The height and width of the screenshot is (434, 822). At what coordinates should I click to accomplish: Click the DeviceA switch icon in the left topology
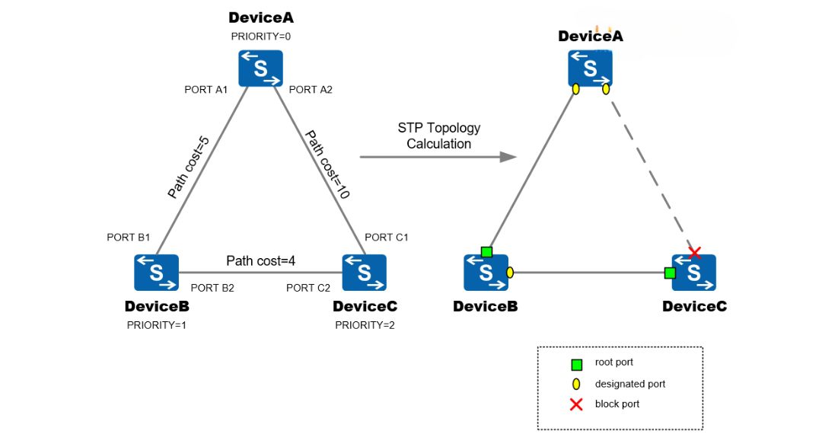pos(260,69)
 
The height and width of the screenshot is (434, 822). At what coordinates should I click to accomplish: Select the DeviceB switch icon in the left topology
pos(157,272)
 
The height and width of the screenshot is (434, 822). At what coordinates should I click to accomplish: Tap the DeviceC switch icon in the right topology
pos(693,273)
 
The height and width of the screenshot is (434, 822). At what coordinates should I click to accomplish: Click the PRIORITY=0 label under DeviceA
pos(260,37)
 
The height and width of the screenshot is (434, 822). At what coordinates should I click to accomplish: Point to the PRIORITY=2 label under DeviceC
pos(365,325)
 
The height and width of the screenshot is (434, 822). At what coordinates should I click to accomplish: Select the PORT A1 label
pos(206,90)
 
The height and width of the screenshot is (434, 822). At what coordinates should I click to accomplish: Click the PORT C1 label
pos(387,237)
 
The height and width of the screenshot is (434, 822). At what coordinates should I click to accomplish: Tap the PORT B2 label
pos(212,288)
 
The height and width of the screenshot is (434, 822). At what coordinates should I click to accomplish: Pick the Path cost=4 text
pos(260,261)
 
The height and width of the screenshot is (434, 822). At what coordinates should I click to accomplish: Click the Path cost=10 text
pos(327,164)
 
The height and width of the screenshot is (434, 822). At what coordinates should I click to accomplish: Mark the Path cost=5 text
pos(188,168)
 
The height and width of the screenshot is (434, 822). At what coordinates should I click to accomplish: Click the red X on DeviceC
pos(694,252)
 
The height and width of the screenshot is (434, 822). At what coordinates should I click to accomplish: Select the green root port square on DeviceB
pos(486,252)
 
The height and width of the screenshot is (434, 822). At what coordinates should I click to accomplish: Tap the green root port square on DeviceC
pos(670,273)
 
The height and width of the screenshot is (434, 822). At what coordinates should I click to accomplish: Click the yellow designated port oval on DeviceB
pos(510,272)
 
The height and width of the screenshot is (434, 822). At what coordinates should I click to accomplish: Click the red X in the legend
pos(576,404)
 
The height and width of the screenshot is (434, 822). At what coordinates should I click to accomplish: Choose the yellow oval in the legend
pos(576,384)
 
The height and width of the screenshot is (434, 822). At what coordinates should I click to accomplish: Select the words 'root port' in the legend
pos(613,363)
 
